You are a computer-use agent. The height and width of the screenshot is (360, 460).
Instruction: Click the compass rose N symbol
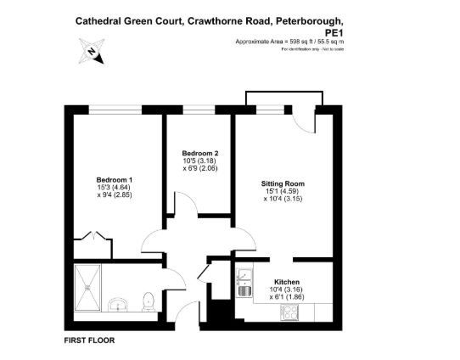click(92, 51)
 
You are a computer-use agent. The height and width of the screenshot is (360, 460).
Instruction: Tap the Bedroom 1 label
click(115, 180)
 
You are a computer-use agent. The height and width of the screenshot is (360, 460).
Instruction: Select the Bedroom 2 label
click(200, 153)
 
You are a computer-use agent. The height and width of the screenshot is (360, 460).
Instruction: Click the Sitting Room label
click(283, 183)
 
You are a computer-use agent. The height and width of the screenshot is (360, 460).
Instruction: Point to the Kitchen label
click(287, 282)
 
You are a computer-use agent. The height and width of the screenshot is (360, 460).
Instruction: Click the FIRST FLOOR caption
click(89, 340)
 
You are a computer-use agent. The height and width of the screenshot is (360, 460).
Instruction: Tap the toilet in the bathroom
click(149, 302)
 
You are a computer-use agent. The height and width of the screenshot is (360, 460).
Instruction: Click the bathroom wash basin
click(118, 305)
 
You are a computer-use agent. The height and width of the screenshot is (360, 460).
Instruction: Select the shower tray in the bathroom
click(87, 288)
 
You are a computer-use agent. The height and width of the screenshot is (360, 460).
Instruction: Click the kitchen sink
click(244, 283)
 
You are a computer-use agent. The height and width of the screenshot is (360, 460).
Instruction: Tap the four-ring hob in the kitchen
click(289, 312)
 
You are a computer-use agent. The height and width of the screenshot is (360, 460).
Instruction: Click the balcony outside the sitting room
click(284, 98)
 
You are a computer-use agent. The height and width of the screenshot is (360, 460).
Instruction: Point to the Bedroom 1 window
click(115, 110)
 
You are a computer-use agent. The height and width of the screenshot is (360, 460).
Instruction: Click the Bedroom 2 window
click(199, 110)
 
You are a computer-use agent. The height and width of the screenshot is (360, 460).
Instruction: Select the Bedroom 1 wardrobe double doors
click(93, 235)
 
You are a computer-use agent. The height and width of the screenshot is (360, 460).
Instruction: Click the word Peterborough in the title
click(310, 21)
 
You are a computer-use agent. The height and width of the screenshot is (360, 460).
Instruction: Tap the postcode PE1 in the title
click(334, 32)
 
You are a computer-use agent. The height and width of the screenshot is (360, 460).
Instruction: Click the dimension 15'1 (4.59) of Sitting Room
click(283, 191)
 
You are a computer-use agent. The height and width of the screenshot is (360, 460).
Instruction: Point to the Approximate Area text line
click(289, 42)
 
